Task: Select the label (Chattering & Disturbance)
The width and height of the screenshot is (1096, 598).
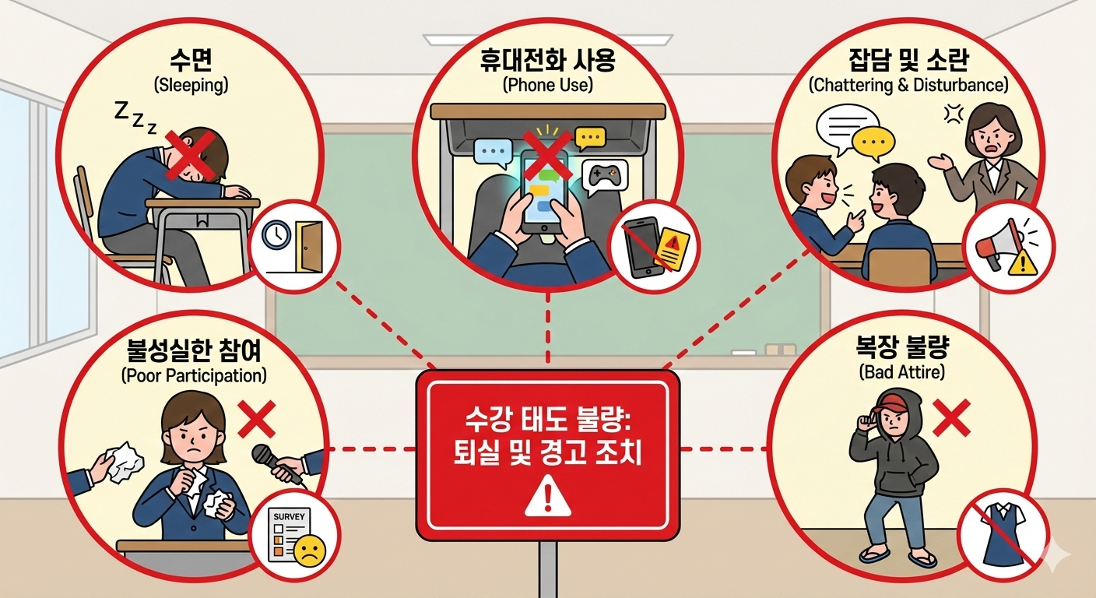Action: point(908,85)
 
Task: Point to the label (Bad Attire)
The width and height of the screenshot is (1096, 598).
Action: point(904,372)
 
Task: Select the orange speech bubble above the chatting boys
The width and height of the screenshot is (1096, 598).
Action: point(872,141)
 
